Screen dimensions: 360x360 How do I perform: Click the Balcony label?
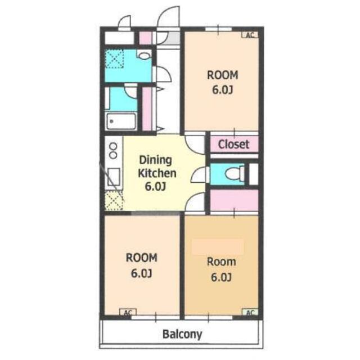pos(182,334)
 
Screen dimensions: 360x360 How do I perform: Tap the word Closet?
pos(233,145)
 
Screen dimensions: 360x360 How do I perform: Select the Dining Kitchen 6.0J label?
pos(157,173)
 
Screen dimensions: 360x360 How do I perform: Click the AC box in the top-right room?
pos(250,35)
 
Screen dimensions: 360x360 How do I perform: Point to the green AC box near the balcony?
pos(250,312)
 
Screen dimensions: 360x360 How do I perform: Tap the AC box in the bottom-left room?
pos(128,312)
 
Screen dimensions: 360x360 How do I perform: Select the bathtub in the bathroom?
pos(121,121)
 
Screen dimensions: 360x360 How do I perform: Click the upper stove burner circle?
pos(113,146)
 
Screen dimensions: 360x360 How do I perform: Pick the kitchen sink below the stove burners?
pos(114,177)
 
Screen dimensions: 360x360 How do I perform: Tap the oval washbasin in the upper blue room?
pos(144,56)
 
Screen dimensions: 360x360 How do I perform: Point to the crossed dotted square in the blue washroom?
pos(114,59)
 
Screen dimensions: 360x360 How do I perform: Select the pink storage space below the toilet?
pos(234,200)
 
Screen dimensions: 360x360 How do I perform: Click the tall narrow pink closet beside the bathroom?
pos(147,109)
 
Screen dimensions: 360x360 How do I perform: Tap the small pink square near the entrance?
pos(146,38)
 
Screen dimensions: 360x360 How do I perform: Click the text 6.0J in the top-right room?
pos(222,90)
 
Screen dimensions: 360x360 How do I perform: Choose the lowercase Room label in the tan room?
pos(221,262)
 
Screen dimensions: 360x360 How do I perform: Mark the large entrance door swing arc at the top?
pos(169,12)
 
